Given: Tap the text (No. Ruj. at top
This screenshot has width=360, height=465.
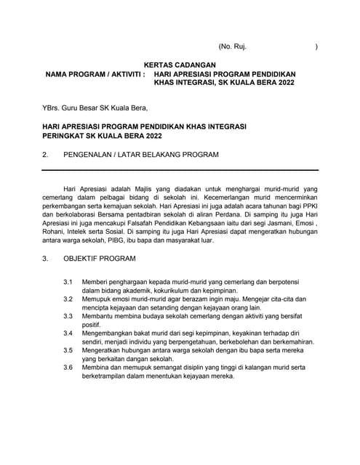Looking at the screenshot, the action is click(232, 46).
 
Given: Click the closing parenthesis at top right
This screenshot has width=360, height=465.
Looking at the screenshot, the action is click(316, 46).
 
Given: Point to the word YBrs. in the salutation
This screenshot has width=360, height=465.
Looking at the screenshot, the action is click(52, 110).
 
